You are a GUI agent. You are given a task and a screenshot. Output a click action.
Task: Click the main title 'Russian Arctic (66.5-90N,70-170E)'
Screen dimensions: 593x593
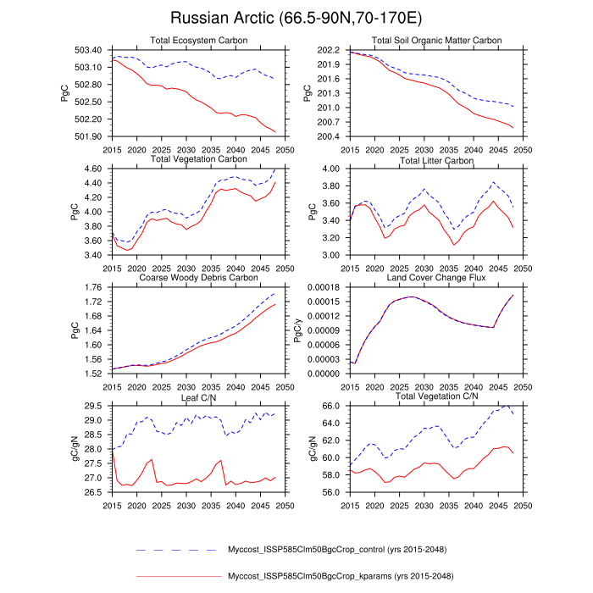pyautogui.click(x=296, y=18)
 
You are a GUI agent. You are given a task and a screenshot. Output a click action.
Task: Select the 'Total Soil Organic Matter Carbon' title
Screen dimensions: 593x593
pyautogui.click(x=436, y=41)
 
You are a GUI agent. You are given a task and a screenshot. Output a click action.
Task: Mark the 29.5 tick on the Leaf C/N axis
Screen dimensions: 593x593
pyautogui.click(x=91, y=407)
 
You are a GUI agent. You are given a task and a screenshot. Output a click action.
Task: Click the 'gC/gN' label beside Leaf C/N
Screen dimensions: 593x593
pyautogui.click(x=64, y=449)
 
